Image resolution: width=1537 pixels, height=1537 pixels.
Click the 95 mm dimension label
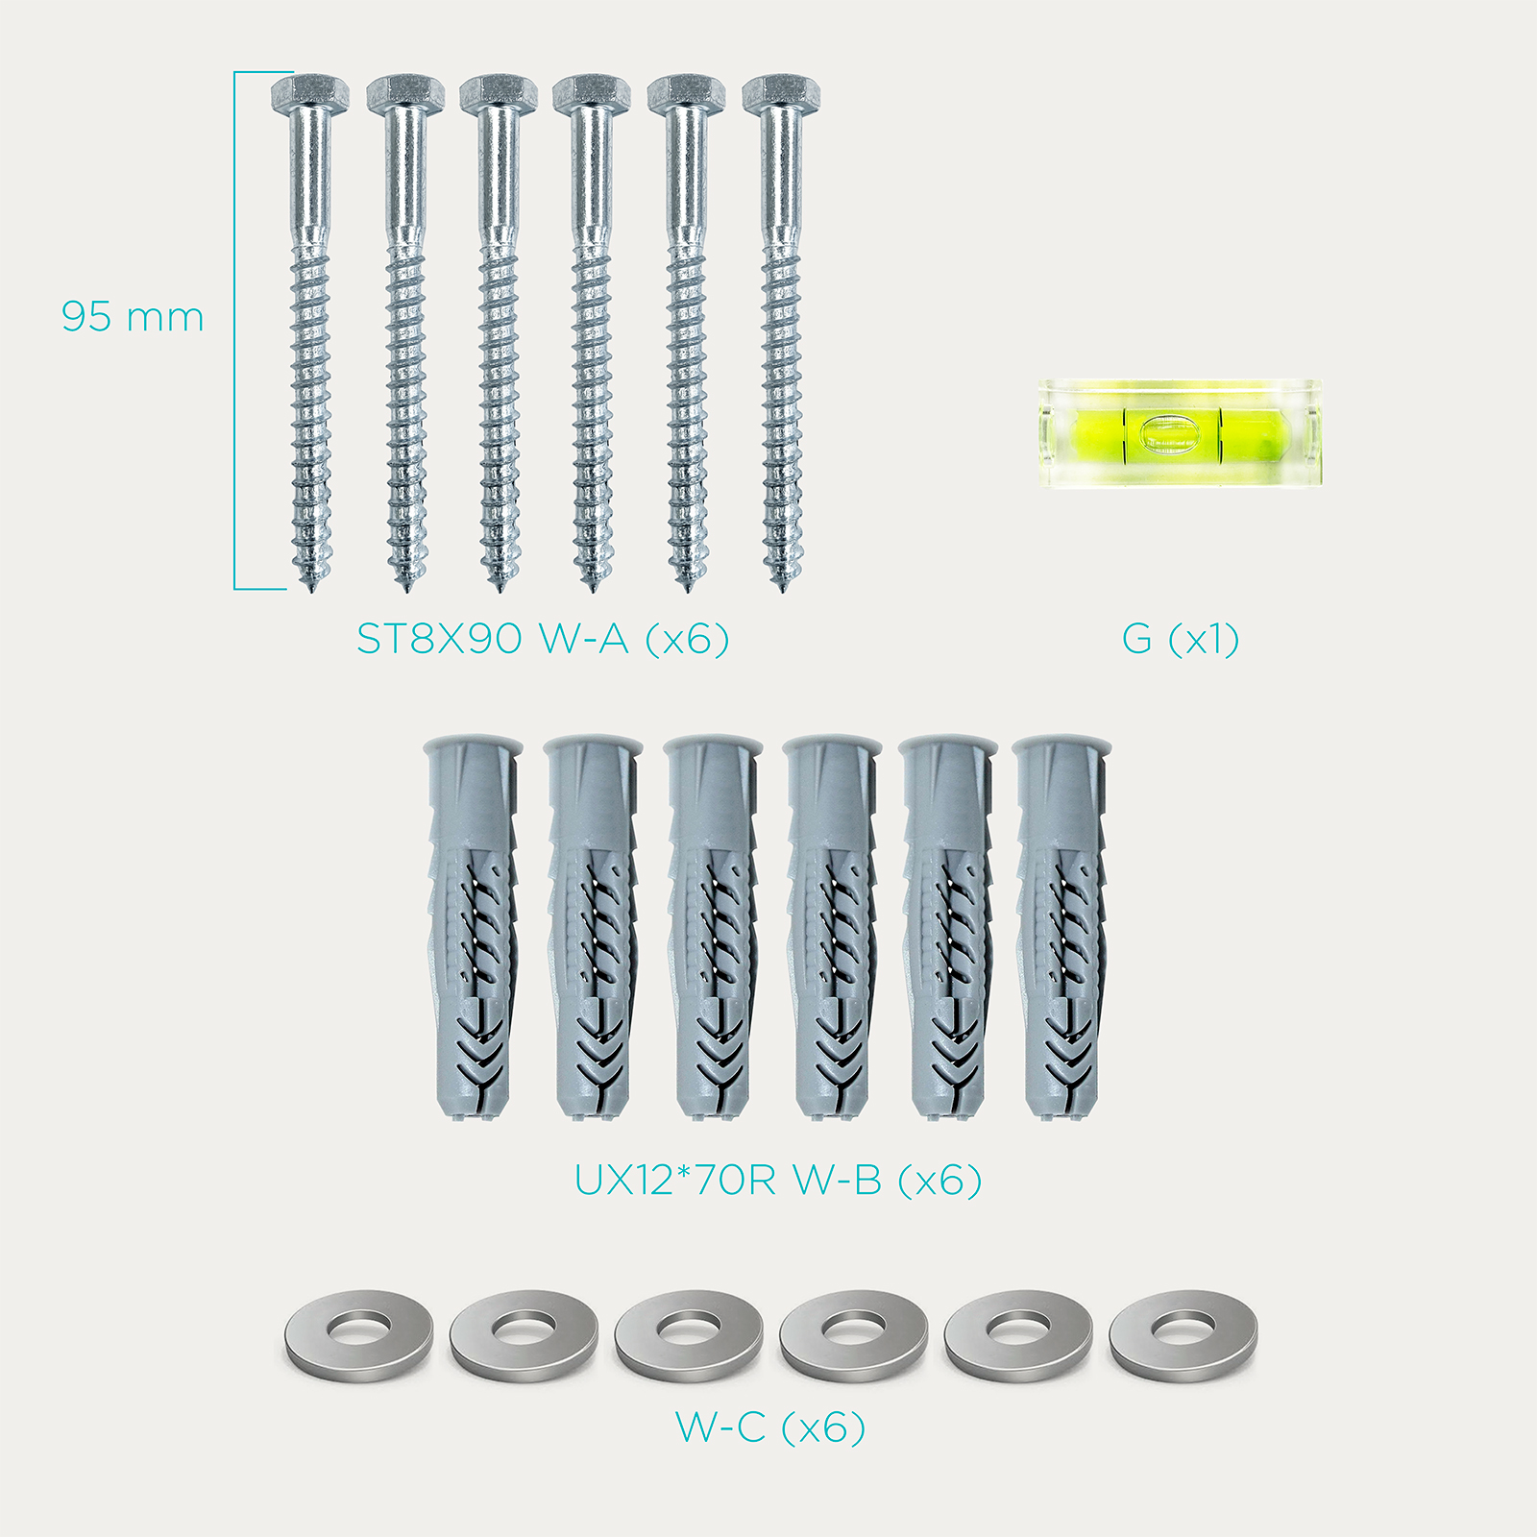point(133,317)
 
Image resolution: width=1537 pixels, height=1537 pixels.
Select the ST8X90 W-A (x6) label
point(543,639)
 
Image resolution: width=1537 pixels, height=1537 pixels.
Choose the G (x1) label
point(1181,639)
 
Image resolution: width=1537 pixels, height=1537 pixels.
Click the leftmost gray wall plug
point(473,928)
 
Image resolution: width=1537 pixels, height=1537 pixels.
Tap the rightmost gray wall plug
point(1062,928)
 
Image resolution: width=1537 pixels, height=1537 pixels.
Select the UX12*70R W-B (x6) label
point(778,1180)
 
